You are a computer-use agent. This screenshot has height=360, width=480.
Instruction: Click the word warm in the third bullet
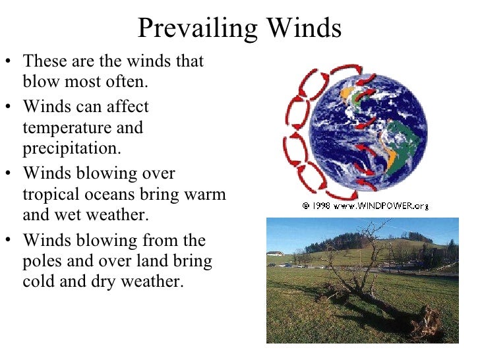pyautogui.click(x=202, y=196)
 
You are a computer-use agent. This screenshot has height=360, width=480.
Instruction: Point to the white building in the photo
pyautogui.click(x=275, y=253)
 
